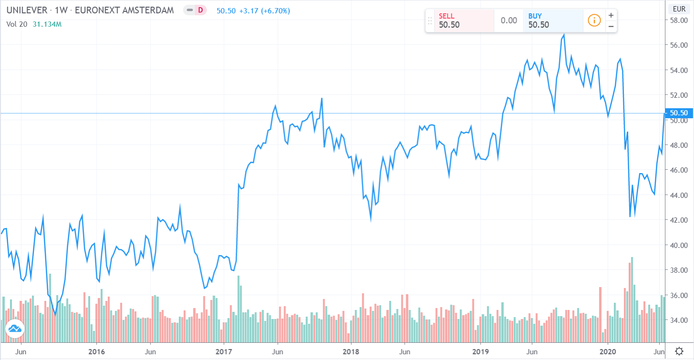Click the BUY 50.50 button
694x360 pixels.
click(552, 21)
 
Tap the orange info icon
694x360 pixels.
click(594, 21)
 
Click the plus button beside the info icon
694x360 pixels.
click(611, 15)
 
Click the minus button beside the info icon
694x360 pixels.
click(611, 26)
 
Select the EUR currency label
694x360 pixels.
click(679, 8)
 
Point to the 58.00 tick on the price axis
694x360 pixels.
click(678, 21)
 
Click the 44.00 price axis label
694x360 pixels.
click(678, 195)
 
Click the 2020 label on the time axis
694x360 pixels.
click(608, 351)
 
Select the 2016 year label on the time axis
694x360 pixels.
click(96, 351)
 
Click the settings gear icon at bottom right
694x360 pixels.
click(679, 351)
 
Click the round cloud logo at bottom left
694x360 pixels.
click(14, 329)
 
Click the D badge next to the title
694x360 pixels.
click(200, 10)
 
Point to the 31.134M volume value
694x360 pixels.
click(47, 23)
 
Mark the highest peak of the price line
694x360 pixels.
click(564, 34)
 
